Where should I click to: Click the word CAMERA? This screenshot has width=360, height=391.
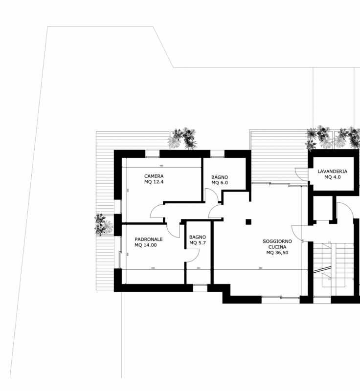point(154,176)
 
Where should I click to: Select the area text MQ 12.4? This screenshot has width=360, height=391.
point(154,182)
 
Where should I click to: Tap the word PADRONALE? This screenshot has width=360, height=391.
point(149,239)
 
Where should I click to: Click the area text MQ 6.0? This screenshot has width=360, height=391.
point(220,183)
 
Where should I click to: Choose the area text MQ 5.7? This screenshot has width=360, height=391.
point(198,243)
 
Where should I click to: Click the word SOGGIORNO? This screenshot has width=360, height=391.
point(277,241)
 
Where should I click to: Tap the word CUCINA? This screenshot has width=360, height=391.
point(277,247)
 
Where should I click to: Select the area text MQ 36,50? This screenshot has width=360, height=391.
point(277,253)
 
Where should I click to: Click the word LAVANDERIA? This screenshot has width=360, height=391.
point(332,172)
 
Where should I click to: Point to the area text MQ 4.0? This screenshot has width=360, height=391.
point(332,177)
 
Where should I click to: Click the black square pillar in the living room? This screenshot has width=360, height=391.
point(248,221)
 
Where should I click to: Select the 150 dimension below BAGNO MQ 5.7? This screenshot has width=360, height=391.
point(198,268)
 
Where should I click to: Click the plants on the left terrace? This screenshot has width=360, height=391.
point(103,225)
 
